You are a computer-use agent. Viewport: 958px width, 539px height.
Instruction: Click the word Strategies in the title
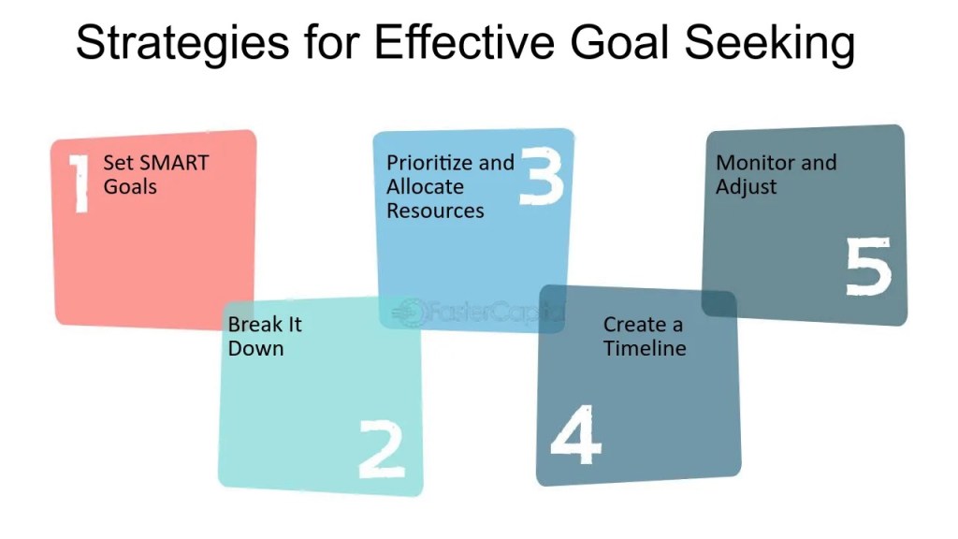pos(182,43)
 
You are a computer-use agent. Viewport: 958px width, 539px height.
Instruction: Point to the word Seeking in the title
pos(769,43)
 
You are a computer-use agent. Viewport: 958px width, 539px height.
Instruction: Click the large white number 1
pos(80,183)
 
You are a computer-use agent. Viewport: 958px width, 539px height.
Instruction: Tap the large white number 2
pos(382,449)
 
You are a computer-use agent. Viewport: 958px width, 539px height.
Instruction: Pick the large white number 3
pos(542,175)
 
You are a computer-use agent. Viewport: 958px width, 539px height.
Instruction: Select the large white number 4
pos(575,434)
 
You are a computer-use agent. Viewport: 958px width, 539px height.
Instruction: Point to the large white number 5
pos(869,267)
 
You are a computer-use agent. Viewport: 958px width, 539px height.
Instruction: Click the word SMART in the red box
pos(174,163)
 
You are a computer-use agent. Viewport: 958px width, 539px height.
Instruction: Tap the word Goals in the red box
pos(130,186)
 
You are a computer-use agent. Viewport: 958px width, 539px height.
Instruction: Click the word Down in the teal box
pos(256,348)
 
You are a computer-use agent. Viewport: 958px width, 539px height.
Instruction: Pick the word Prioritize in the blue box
pos(429,163)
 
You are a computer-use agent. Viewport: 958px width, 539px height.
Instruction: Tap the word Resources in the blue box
pos(436,211)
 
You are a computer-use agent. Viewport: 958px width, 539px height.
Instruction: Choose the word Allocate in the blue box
pos(426,186)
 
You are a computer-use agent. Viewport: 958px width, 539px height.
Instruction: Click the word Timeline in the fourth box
pos(646,348)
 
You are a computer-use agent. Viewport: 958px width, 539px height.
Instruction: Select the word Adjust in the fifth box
pos(747,187)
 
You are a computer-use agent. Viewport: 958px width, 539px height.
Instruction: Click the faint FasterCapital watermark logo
pos(477,312)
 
